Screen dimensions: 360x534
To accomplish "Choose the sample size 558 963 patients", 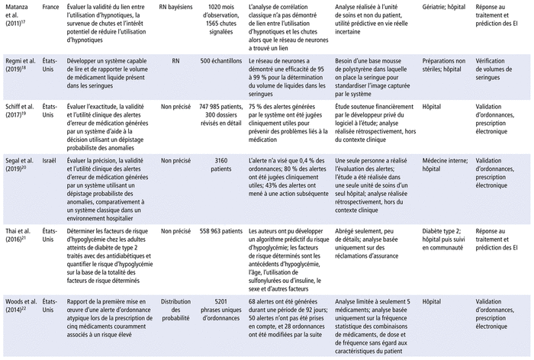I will pyautogui.click(x=224, y=227).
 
